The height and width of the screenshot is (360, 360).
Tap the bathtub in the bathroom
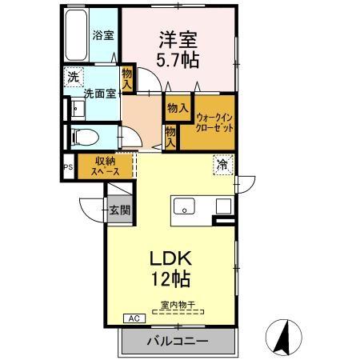tap(75, 37)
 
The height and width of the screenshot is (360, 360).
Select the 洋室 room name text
tap(178, 39)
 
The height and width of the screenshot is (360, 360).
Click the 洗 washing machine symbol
tap(73, 78)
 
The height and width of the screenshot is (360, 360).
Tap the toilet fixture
tap(83, 136)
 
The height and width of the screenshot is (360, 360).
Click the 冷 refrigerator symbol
tap(222, 166)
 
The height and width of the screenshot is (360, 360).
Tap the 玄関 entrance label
tap(121, 210)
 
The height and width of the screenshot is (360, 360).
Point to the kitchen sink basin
tap(186, 207)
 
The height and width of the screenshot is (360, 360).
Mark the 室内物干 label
tap(178, 304)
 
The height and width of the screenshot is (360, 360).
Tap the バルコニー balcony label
tap(178, 342)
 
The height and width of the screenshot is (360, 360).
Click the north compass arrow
tap(282, 335)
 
